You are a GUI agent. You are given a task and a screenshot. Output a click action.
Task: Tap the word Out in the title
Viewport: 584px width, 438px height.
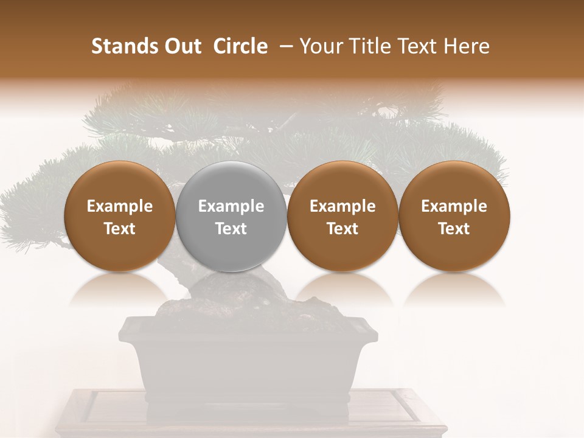tap(182, 46)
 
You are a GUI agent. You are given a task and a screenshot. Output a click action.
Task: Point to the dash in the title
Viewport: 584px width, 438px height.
tap(285, 47)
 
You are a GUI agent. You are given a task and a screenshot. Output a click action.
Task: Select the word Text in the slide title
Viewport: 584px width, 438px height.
tap(416, 46)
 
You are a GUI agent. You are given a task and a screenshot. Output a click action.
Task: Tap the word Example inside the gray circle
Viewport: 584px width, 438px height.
tap(231, 206)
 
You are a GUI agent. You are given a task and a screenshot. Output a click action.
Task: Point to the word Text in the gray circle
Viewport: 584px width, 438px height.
tap(231, 229)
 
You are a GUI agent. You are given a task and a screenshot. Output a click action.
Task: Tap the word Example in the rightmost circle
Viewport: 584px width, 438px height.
tap(454, 206)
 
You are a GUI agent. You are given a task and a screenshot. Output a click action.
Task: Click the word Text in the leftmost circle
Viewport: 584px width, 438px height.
tap(120, 229)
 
